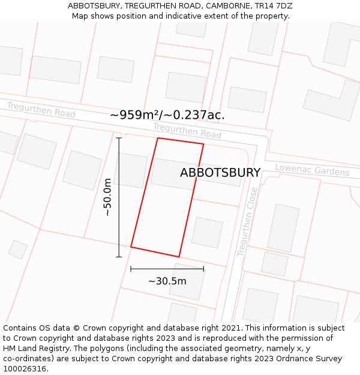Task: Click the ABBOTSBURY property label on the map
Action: click(x=220, y=173)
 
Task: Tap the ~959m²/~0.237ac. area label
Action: click(x=167, y=115)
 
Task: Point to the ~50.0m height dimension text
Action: click(x=107, y=197)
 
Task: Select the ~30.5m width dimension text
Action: click(x=167, y=281)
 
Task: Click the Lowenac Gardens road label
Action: click(x=312, y=170)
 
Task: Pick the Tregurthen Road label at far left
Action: click(x=41, y=110)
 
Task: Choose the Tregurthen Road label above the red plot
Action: click(x=187, y=130)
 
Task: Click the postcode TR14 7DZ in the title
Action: click(x=272, y=5)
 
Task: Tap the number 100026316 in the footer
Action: click(x=25, y=368)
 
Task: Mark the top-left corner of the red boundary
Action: click(x=158, y=139)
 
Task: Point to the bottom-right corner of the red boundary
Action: click(x=179, y=257)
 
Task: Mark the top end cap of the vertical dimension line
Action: click(x=119, y=138)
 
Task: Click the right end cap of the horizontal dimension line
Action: click(x=203, y=269)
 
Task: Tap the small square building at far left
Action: click(x=18, y=249)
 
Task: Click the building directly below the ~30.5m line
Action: click(x=187, y=282)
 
